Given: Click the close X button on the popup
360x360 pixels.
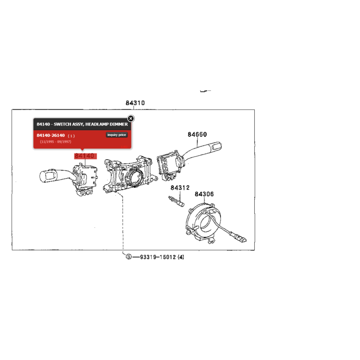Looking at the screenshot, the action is (131, 118).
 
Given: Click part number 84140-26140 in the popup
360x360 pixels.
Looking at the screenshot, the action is (51, 135).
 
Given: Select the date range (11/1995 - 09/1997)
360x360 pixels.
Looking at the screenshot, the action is (55, 142).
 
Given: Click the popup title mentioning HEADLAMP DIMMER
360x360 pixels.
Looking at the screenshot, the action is (82, 124).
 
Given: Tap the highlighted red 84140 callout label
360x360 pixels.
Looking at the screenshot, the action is (85, 156).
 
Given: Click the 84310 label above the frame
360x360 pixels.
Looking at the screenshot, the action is (135, 103).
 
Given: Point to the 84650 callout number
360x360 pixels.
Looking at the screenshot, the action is (197, 134).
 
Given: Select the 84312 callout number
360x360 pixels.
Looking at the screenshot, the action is (180, 188).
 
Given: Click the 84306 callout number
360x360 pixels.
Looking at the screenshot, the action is (204, 194).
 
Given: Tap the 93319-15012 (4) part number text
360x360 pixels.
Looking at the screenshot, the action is (162, 257).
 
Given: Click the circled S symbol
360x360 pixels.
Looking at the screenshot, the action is (129, 256).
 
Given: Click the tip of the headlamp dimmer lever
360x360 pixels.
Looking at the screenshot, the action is (41, 177).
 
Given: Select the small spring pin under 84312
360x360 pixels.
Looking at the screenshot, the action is (176, 201).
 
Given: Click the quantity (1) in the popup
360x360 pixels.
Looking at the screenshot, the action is (71, 136).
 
